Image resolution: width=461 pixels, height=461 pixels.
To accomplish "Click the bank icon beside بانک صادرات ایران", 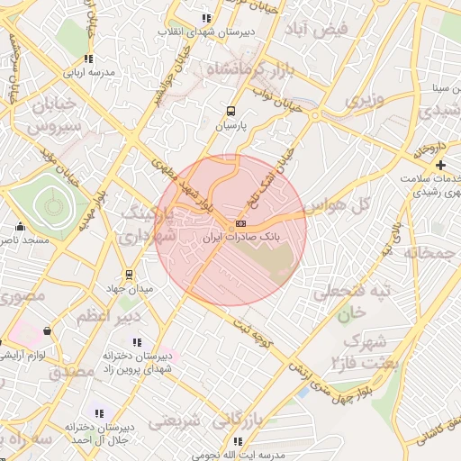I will coord(240,223).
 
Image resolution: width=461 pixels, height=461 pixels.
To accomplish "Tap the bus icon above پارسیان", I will coord(231,112).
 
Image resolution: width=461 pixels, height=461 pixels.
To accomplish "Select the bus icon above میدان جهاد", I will coord(130,274).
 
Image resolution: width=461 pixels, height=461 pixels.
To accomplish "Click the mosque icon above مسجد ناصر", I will coord(20,226).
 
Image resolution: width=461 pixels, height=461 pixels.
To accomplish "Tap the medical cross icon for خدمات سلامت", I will coord(440,165).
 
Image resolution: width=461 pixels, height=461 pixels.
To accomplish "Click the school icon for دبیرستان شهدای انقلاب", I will coord(206,17).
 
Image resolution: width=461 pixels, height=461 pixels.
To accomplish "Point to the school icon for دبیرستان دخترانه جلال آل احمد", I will coord(99,413).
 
